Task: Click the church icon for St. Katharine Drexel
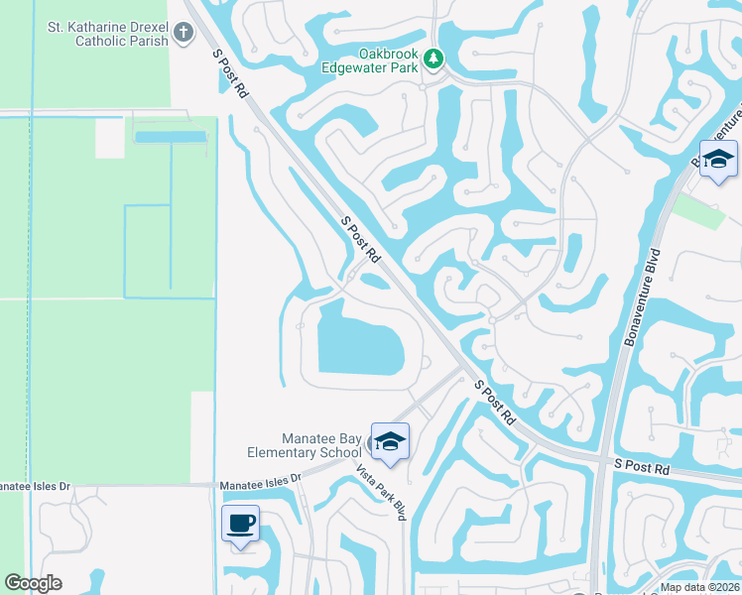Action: pyautogui.click(x=183, y=33)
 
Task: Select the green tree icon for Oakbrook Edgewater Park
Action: pyautogui.click(x=433, y=59)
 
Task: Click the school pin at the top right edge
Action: pyautogui.click(x=718, y=160)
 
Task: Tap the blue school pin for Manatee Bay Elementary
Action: pyautogui.click(x=390, y=442)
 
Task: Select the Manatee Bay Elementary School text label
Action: pyautogui.click(x=308, y=445)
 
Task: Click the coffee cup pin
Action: pyautogui.click(x=241, y=523)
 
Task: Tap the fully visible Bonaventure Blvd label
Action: pyautogui.click(x=642, y=297)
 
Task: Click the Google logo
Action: pyautogui.click(x=34, y=583)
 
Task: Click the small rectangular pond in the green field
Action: pyautogui.click(x=172, y=137)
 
